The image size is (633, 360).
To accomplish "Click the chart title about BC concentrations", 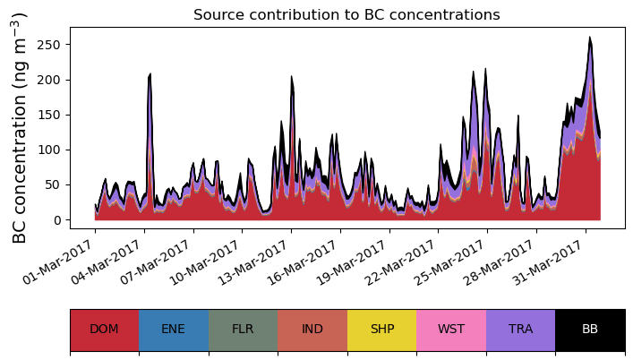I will point(346,14).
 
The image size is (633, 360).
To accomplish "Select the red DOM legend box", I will point(104,329).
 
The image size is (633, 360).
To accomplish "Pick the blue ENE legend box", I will point(174,329).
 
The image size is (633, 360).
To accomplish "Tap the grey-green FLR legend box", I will point(243,329).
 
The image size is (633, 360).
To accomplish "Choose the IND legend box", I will point(312,329).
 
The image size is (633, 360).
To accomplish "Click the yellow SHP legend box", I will point(381,329).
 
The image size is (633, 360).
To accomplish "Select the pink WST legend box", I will point(451,329).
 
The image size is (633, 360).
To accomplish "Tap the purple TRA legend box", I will point(520,329).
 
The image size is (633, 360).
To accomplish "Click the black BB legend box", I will point(590,329).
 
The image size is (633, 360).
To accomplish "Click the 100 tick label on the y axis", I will point(52,150).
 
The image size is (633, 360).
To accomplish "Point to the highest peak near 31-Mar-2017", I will point(590,38).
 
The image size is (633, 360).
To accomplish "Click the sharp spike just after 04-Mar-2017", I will point(150,74).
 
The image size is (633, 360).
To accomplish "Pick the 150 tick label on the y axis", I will point(52,115).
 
